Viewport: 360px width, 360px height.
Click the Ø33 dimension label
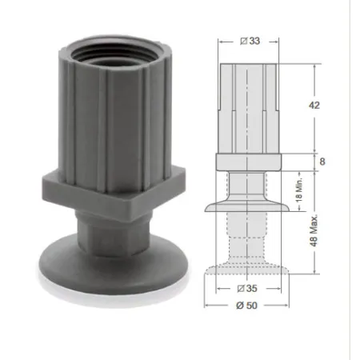[250, 41]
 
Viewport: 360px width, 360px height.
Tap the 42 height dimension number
[314, 105]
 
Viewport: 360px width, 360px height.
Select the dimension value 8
[322, 162]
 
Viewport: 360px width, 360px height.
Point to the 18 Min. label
[299, 190]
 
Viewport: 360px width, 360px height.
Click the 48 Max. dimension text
[314, 230]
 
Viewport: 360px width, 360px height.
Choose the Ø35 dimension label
[247, 288]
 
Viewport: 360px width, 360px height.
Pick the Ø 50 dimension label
[246, 306]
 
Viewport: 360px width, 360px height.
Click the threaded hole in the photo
[114, 55]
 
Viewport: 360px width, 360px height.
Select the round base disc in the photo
[114, 266]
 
